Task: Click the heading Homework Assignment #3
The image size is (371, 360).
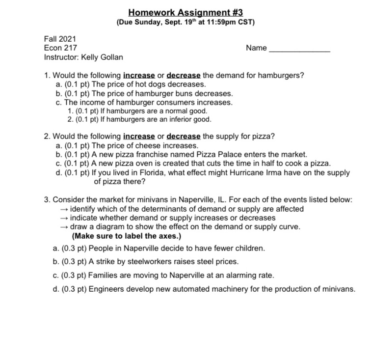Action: (x=185, y=12)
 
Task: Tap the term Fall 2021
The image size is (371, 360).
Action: (x=60, y=39)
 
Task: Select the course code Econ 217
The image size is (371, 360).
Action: (x=60, y=48)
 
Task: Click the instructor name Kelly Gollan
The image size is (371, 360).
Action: (x=102, y=57)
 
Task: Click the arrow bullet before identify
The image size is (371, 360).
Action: (x=64, y=209)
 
